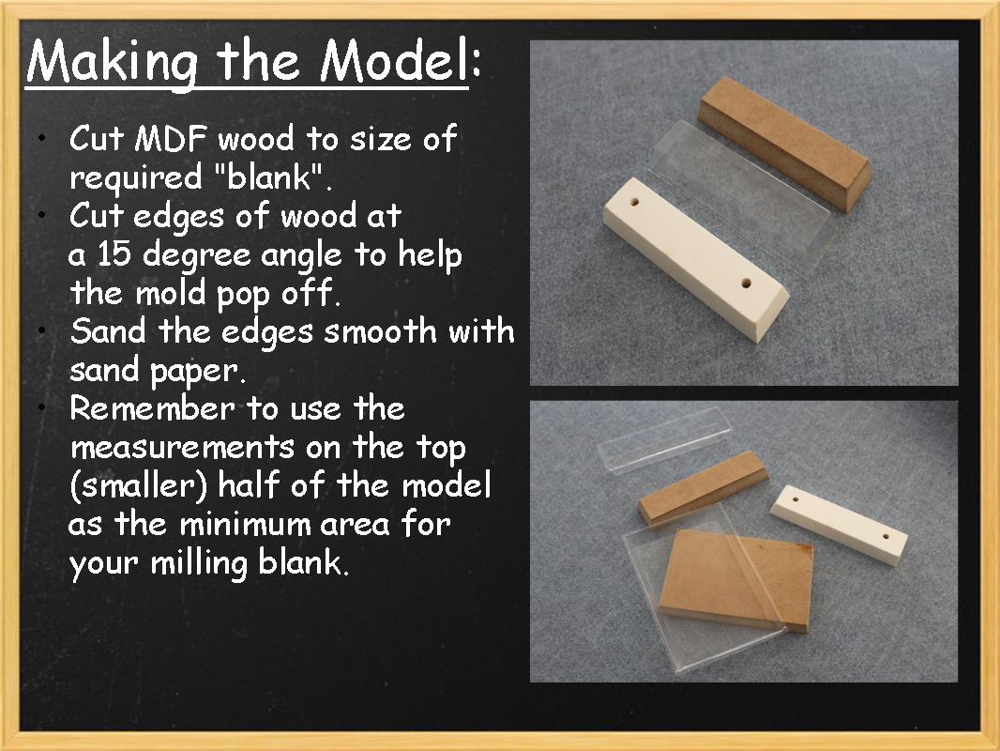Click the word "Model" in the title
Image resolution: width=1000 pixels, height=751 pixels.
pos(392,62)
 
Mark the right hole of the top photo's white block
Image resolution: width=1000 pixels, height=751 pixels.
pos(746,281)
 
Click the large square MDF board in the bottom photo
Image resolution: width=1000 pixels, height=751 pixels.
pos(732,577)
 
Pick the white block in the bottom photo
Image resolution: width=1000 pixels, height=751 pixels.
pos(839,518)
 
